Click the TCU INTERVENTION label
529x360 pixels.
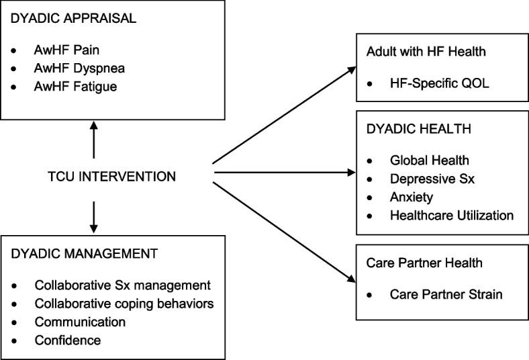(113, 177)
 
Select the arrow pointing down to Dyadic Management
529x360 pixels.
(94, 214)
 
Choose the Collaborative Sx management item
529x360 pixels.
(122, 285)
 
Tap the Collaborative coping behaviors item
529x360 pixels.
(124, 304)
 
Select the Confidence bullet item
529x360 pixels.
(68, 340)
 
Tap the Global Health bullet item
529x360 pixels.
(429, 161)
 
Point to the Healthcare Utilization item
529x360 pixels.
(451, 215)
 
